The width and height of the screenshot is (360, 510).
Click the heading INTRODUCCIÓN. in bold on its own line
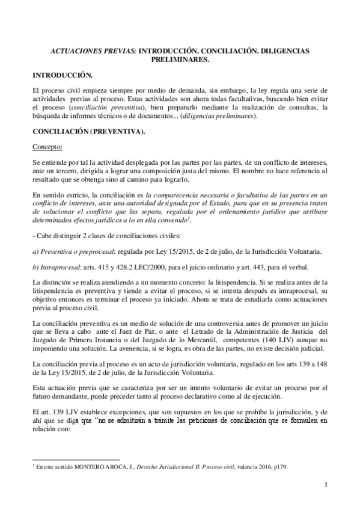[63, 76]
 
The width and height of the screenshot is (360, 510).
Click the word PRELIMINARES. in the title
[180, 60]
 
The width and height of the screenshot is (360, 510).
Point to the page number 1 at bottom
[325, 485]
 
